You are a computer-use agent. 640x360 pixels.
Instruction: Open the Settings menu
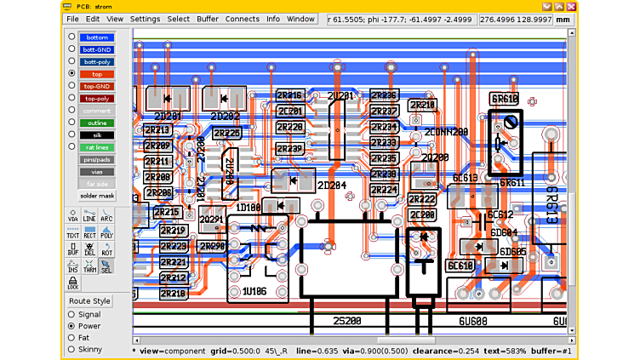tap(145, 19)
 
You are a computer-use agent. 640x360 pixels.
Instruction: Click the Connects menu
tap(243, 19)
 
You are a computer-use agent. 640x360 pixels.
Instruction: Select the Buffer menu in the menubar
tap(208, 19)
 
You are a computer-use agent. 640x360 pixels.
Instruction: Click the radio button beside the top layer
tap(71, 74)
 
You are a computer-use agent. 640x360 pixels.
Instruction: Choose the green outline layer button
tap(97, 123)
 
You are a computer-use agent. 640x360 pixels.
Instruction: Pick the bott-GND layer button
tap(97, 49)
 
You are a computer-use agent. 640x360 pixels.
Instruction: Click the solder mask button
tap(97, 196)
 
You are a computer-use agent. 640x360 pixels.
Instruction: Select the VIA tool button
tap(73, 215)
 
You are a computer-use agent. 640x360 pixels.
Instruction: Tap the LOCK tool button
tap(73, 283)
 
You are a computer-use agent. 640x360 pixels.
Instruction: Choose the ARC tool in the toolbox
tap(106, 215)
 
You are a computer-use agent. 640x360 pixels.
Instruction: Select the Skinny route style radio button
tap(71, 350)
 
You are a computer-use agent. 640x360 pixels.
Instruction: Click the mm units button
tap(562, 19)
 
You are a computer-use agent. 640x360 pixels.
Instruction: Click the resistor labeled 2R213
tap(157, 130)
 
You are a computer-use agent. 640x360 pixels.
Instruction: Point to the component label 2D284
tap(331, 186)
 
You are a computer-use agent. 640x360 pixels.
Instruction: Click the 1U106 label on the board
tap(254, 292)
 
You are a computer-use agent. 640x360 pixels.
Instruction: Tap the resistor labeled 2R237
tap(384, 111)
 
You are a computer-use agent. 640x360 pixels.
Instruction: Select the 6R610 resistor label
tap(505, 100)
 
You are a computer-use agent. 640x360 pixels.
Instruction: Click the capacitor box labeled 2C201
tap(289, 111)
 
